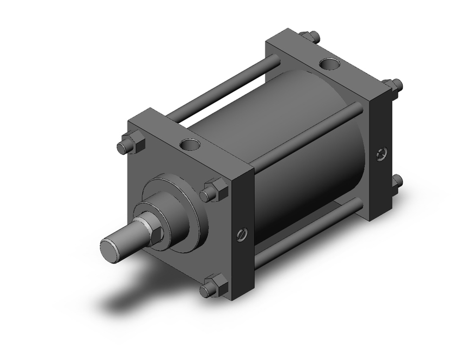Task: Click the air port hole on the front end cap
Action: (190, 145)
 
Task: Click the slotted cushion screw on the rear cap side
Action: (382, 152)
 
